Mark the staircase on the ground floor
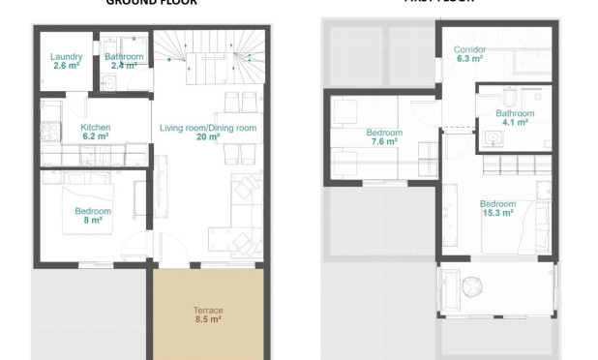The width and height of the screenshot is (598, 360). click(209, 59)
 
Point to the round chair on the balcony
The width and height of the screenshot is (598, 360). click(471, 288)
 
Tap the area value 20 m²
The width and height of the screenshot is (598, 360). click(207, 137)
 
